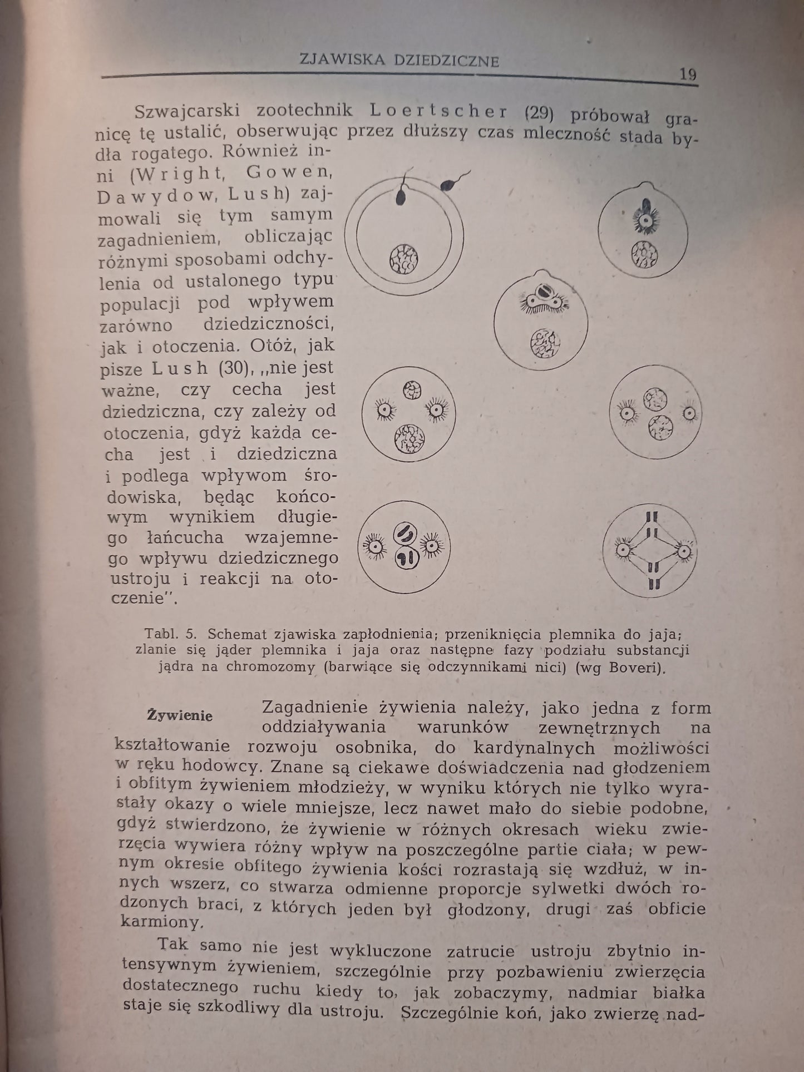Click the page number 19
[688, 75]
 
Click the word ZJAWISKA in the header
[341, 60]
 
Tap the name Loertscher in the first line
[439, 111]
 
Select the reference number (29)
[539, 112]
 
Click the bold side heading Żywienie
[180, 715]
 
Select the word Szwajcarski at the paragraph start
[187, 110]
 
